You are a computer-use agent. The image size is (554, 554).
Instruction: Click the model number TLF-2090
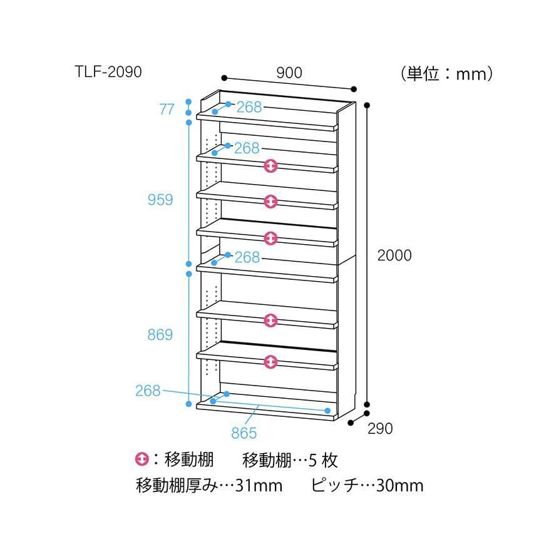108,72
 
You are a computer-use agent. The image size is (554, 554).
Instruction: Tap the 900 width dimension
289,73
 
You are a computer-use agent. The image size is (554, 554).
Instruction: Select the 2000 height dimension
394,255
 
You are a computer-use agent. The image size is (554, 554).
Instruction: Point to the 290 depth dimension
380,429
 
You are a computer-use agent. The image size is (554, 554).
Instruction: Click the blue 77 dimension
167,110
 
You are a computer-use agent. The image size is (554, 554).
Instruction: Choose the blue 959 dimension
160,200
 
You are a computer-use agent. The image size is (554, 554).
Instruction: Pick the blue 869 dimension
160,334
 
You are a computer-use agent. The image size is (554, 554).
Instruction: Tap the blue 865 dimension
244,433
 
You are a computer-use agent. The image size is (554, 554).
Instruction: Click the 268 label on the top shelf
249,107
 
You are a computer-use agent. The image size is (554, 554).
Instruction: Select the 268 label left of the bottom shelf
148,391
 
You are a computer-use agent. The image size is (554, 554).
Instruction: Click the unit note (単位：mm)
446,74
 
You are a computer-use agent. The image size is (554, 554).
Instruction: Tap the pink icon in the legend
141,459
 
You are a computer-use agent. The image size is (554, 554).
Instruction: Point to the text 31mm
259,486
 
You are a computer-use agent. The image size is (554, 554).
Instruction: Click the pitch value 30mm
399,486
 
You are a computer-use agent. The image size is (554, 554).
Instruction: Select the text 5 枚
323,460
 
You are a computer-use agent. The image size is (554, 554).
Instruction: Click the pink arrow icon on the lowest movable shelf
270,362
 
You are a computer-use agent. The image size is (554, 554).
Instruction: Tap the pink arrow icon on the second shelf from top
270,166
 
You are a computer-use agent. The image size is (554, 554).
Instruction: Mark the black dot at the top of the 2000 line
367,105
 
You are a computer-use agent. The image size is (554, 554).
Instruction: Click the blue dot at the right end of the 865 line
327,411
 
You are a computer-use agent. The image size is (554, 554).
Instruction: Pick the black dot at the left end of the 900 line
224,78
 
